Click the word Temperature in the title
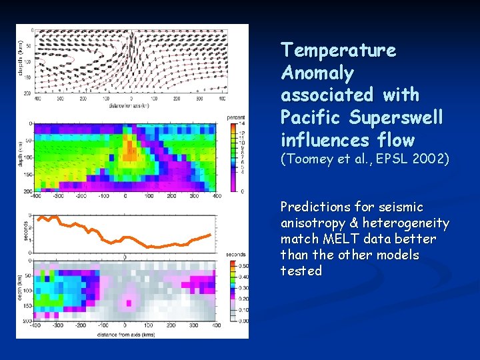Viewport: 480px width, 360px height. (339, 51)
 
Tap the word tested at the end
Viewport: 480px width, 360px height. (301, 271)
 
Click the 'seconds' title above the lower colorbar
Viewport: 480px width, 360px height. (237, 254)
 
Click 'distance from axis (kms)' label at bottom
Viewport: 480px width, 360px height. (125, 333)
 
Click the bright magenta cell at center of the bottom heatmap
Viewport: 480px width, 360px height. (129, 303)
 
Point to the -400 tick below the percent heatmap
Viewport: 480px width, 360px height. (36, 196)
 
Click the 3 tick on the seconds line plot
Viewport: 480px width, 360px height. (29, 215)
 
